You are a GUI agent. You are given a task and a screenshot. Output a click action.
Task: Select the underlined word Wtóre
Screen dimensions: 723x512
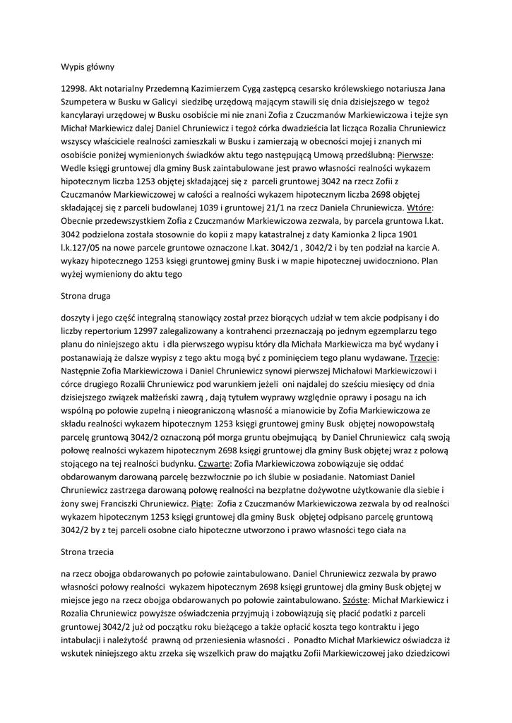pyautogui.click(x=417, y=208)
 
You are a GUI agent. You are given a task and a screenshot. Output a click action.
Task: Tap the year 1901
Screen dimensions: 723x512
pyautogui.click(x=422, y=234)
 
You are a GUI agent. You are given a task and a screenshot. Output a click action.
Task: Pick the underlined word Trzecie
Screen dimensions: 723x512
pyautogui.click(x=424, y=358)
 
